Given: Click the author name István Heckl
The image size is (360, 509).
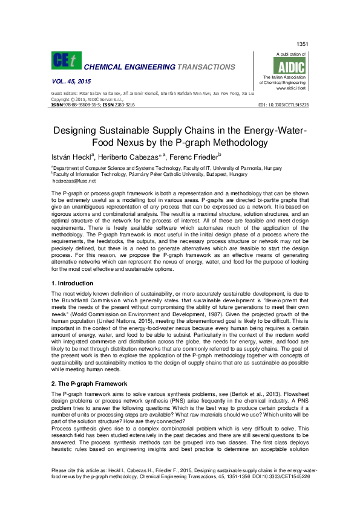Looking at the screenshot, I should (x=74, y=157).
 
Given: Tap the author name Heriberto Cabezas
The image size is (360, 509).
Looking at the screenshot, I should (x=129, y=157).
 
